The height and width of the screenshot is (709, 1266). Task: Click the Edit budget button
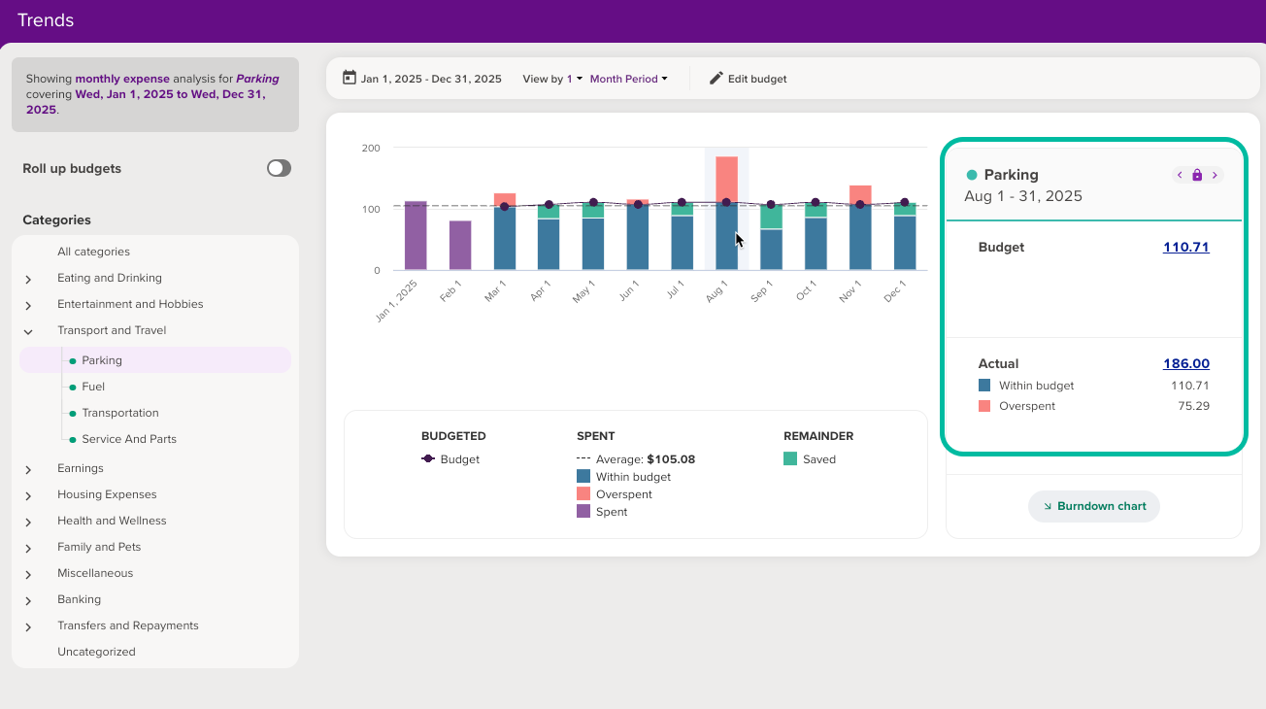pyautogui.click(x=748, y=79)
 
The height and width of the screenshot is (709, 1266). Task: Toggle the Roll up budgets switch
pyautogui.click(x=279, y=168)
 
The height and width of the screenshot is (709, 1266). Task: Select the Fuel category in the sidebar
pyautogui.click(x=93, y=387)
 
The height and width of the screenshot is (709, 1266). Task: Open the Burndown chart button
pyautogui.click(x=1094, y=506)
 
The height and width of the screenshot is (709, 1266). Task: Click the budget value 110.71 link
pyautogui.click(x=1185, y=247)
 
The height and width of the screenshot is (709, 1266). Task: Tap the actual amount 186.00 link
pyautogui.click(x=1185, y=363)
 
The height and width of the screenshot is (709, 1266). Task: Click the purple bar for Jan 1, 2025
pyautogui.click(x=416, y=235)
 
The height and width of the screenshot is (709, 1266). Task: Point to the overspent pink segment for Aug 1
pyautogui.click(x=726, y=180)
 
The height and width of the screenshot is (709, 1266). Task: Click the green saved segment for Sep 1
pyautogui.click(x=771, y=217)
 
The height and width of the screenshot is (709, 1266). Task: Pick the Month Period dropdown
pyautogui.click(x=628, y=79)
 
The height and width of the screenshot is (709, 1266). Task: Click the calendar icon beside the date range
pyautogui.click(x=350, y=78)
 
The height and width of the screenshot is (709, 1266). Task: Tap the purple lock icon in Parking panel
pyautogui.click(x=1197, y=175)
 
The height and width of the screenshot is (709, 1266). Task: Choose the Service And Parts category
pyautogui.click(x=129, y=439)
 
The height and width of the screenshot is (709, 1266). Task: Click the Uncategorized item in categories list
pyautogui.click(x=96, y=652)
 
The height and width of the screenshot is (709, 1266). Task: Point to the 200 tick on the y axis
pyautogui.click(x=370, y=148)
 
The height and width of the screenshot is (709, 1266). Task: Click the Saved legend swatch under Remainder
pyautogui.click(x=790, y=459)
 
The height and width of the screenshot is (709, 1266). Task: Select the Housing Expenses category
pyautogui.click(x=107, y=494)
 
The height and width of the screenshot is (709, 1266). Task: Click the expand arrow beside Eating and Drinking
pyautogui.click(x=28, y=279)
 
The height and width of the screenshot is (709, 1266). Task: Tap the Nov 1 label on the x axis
pyautogui.click(x=850, y=291)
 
